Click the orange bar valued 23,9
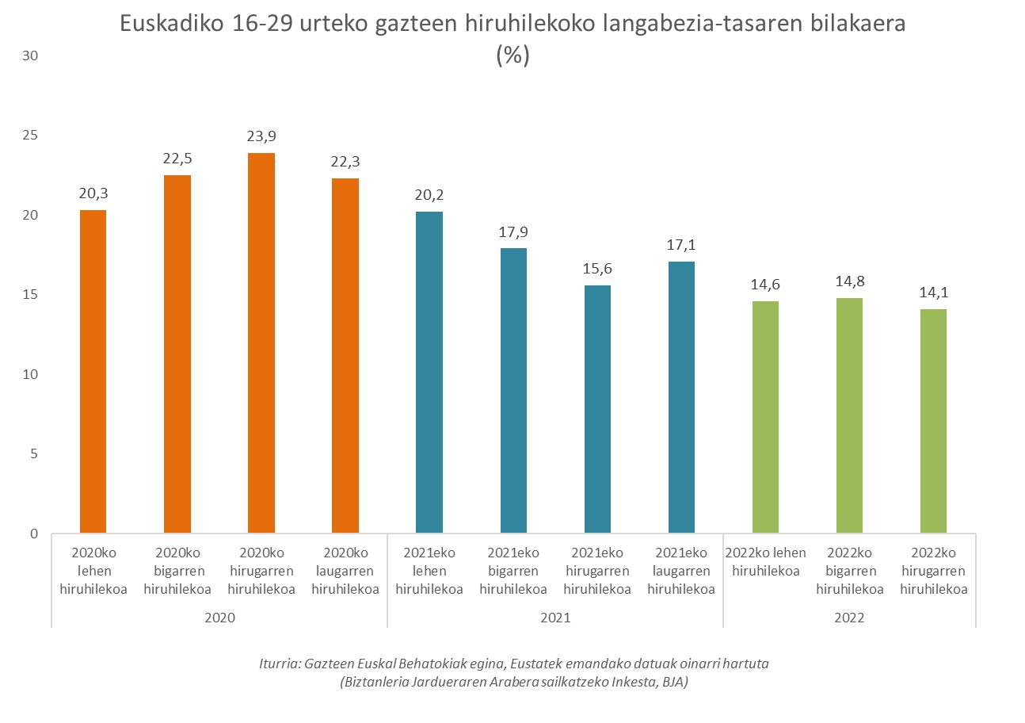point(261,342)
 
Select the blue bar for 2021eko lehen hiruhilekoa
point(429,372)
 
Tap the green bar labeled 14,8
point(849,415)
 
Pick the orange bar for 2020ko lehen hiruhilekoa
point(93,371)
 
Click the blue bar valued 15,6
point(597,408)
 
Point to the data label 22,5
point(177,159)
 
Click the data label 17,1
point(681,245)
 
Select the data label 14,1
point(933,293)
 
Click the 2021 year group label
point(555,618)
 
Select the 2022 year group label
point(849,618)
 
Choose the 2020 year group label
point(219,618)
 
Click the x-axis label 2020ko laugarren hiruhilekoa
point(345,571)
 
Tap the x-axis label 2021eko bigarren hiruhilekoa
point(513,571)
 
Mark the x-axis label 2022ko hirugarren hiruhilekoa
point(933,571)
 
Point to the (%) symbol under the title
point(512,55)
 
